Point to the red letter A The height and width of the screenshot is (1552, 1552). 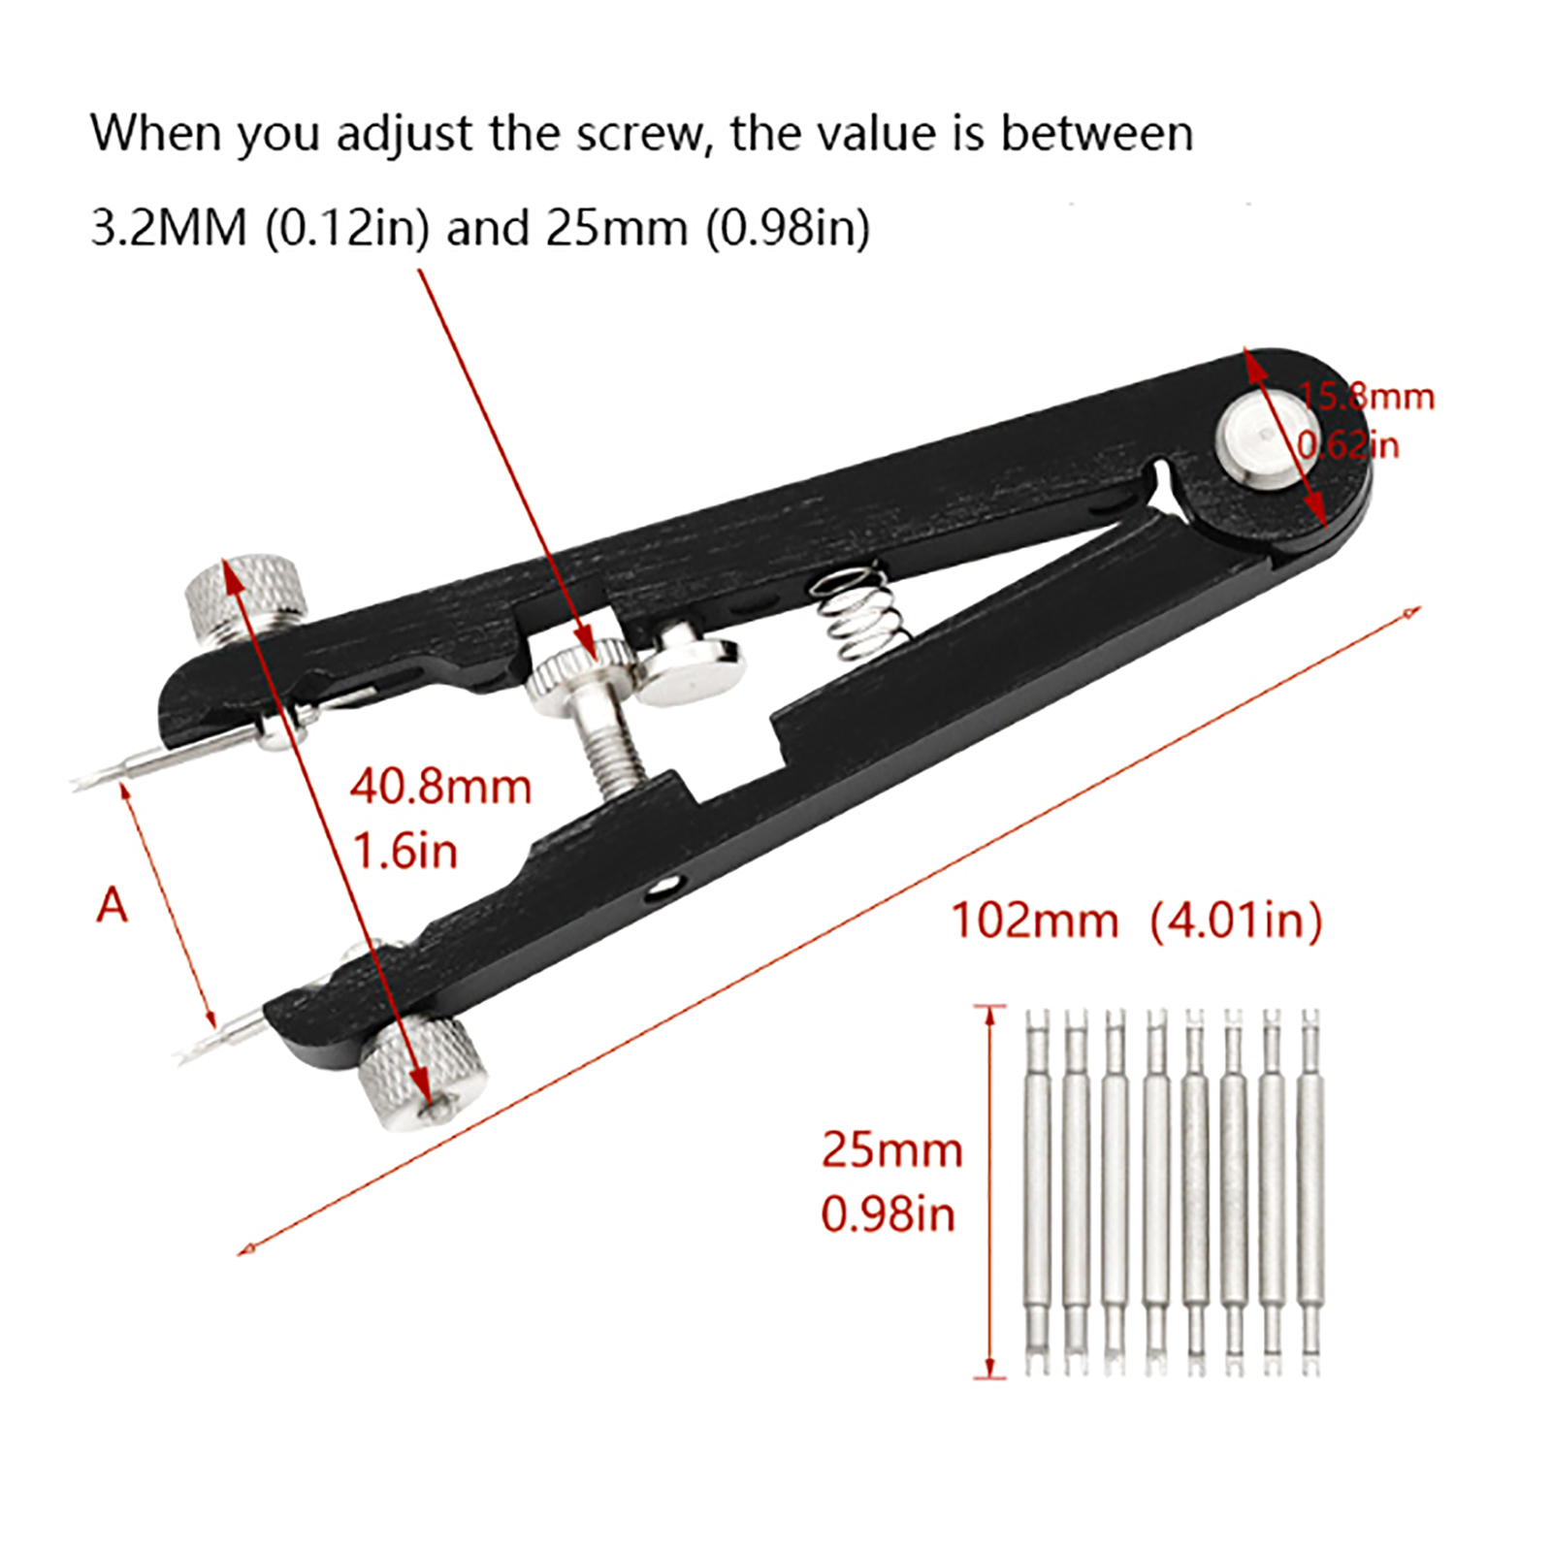(x=113, y=905)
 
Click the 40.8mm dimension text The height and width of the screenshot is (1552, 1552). (x=440, y=787)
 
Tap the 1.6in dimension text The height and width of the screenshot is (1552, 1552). (x=404, y=852)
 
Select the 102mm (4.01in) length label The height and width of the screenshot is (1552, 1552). (x=1137, y=921)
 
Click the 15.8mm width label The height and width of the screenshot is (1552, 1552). (x=1366, y=397)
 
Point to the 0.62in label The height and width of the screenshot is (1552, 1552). (x=1348, y=445)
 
